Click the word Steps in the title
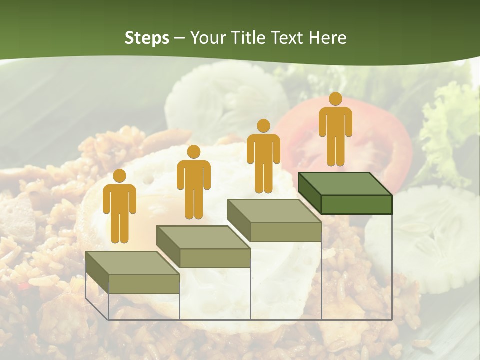tap(147, 38)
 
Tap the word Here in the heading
tap(327, 38)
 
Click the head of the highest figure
tap(335, 99)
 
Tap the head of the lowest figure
tap(119, 176)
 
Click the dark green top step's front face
tap(356, 204)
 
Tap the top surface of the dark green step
tap(345, 184)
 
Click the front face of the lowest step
tap(144, 284)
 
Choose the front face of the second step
tap(215, 258)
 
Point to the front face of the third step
tap(285, 232)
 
